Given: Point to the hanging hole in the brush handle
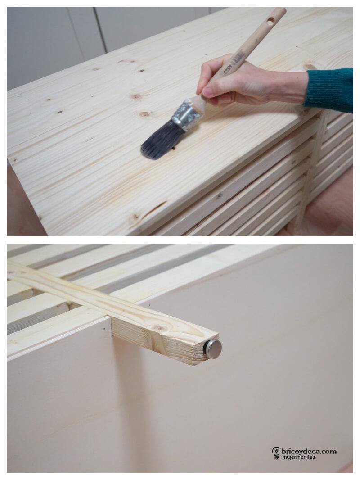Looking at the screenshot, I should tap(270, 21).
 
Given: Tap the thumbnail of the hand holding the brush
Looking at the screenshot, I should tap(207, 91).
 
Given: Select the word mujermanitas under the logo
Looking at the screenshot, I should tap(299, 457).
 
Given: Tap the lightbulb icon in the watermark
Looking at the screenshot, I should tap(276, 453).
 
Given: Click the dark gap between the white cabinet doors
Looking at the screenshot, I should tap(101, 27).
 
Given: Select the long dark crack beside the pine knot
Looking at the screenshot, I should tap(155, 208).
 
